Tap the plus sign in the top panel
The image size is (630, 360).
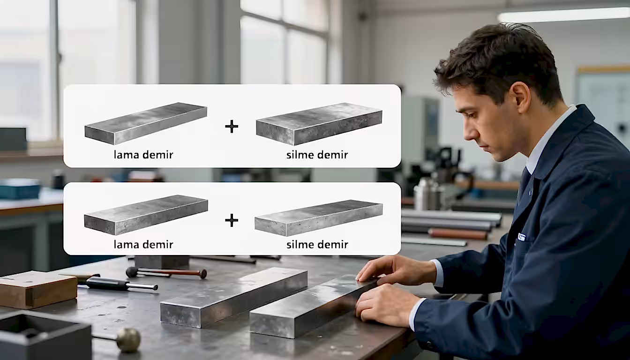(x=232, y=127)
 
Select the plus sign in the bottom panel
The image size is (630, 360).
(x=232, y=220)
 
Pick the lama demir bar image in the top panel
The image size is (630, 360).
(x=146, y=123)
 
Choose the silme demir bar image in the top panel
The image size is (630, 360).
(x=319, y=124)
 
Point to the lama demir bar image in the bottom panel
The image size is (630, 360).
(x=146, y=215)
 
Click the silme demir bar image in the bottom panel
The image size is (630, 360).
(x=319, y=218)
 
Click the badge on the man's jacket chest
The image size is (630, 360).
(x=521, y=237)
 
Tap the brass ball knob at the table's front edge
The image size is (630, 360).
(x=128, y=340)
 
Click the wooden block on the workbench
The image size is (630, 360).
(x=38, y=289)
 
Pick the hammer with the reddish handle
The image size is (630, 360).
(x=166, y=272)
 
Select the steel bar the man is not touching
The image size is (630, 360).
(x=233, y=298)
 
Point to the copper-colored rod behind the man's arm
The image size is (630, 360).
(x=458, y=234)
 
